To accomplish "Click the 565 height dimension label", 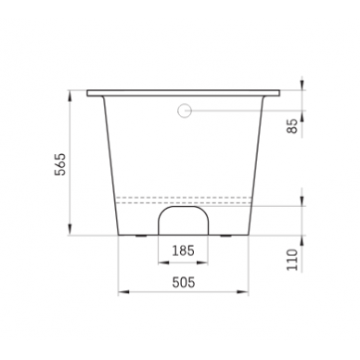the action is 60,164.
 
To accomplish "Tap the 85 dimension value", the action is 292,125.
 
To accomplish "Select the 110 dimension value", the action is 292,260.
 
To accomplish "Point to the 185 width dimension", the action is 183,251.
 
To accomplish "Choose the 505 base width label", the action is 184,282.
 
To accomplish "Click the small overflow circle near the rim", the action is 185,110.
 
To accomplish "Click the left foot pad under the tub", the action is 141,237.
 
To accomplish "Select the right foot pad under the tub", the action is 225,237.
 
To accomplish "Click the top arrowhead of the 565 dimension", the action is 71,95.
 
